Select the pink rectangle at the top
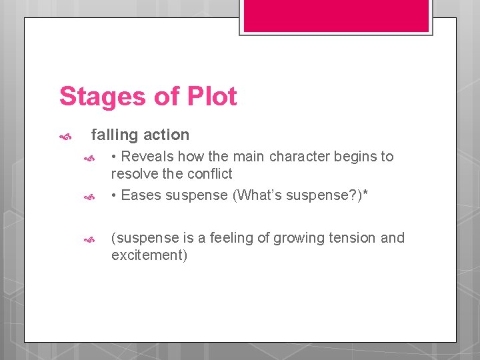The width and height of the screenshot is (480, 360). click(336, 15)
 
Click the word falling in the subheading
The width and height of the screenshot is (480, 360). click(115, 135)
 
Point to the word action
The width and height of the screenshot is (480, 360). click(166, 135)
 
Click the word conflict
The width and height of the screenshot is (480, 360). click(210, 174)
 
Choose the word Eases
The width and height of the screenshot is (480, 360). click(141, 195)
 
